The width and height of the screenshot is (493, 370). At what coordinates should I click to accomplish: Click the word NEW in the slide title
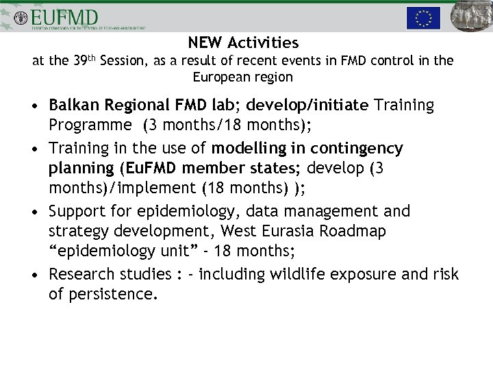pos(203,43)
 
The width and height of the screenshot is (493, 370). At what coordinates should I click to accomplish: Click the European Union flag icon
pos(422,17)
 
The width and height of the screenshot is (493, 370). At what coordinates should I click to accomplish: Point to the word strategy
pos(77,232)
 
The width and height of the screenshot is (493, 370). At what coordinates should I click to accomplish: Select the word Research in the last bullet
pos(82,275)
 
